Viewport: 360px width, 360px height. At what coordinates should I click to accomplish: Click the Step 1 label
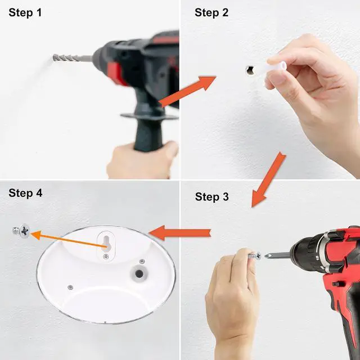[x=25, y=12]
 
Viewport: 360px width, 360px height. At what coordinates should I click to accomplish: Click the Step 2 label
[x=211, y=12]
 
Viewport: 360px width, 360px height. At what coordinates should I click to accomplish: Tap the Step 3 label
[x=212, y=197]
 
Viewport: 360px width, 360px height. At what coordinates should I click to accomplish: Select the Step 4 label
[x=25, y=193]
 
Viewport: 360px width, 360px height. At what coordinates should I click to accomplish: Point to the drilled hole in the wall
[x=250, y=70]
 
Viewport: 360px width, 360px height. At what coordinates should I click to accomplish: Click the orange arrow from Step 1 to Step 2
[x=187, y=91]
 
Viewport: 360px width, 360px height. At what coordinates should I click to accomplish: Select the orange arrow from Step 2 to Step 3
[x=268, y=179]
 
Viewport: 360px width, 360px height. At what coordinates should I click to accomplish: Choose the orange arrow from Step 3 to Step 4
[x=180, y=233]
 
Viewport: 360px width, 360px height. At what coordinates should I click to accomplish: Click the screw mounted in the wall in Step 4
[x=21, y=231]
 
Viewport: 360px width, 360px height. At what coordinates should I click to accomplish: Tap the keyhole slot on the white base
[x=106, y=244]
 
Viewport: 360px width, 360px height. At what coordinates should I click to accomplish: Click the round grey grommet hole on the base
[x=139, y=274]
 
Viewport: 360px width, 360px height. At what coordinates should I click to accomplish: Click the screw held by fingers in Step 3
[x=255, y=255]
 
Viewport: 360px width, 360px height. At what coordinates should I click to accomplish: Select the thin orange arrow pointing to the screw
[x=69, y=240]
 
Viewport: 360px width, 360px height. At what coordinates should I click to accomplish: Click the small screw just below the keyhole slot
[x=106, y=256]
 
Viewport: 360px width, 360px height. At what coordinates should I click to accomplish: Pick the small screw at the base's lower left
[x=70, y=287]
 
